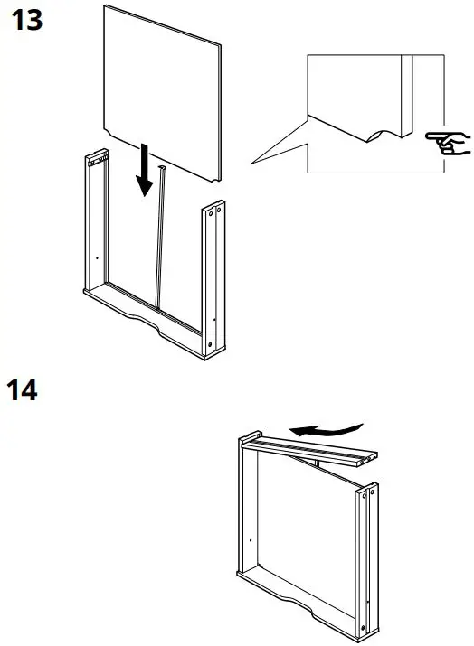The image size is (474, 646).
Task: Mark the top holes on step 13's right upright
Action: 215,213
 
